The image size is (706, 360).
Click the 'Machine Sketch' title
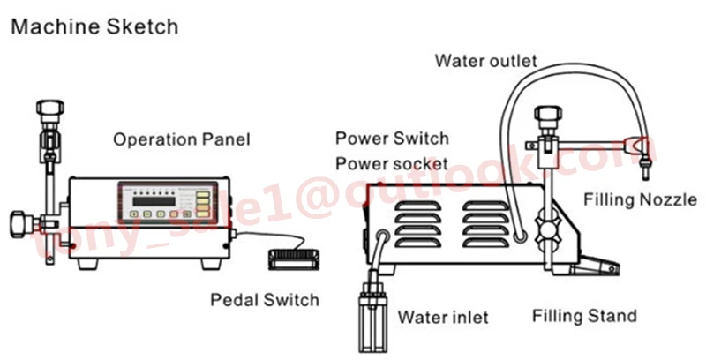click(x=94, y=26)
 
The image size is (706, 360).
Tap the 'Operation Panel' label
click(x=182, y=139)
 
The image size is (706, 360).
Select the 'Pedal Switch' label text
click(x=265, y=300)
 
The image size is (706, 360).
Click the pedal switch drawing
click(x=294, y=259)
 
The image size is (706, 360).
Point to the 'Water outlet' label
click(x=486, y=61)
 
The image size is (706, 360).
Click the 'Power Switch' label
click(x=392, y=139)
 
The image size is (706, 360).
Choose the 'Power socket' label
click(x=392, y=164)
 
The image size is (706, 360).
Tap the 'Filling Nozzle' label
click(x=641, y=199)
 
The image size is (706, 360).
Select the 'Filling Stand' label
click(x=584, y=316)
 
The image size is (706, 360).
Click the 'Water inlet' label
click(x=443, y=318)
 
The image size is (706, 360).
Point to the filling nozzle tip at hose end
click(x=644, y=171)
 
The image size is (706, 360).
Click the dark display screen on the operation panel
click(x=154, y=200)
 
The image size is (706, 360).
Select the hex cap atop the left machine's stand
click(x=50, y=109)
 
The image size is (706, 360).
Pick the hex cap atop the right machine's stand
click(x=548, y=113)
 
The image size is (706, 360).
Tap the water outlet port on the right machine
click(x=521, y=236)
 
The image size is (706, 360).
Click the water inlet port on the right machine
click(x=383, y=236)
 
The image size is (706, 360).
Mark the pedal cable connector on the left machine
click(x=233, y=235)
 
